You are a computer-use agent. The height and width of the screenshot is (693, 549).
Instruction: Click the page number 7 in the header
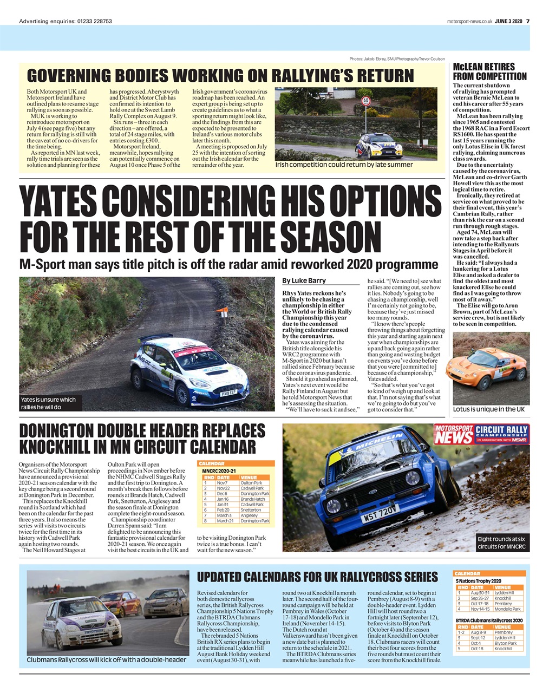click(x=528, y=22)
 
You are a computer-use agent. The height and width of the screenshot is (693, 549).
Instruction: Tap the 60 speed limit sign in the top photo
click(x=367, y=101)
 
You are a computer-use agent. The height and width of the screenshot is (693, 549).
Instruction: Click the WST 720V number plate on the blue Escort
click(x=381, y=513)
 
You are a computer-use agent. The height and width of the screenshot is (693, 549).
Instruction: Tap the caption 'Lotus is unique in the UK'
click(x=489, y=409)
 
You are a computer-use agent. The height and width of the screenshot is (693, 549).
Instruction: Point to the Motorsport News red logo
click(x=453, y=434)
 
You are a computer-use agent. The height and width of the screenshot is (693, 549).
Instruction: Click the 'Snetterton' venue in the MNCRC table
click(x=251, y=510)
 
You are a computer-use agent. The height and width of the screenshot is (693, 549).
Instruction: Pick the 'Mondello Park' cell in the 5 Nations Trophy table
click(x=507, y=609)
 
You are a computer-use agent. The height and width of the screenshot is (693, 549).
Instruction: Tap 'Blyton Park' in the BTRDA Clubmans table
click(x=505, y=643)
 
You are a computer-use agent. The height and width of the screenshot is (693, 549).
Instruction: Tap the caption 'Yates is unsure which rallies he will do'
click(x=48, y=403)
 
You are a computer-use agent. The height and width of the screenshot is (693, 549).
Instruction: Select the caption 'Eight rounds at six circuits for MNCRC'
click(x=501, y=543)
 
